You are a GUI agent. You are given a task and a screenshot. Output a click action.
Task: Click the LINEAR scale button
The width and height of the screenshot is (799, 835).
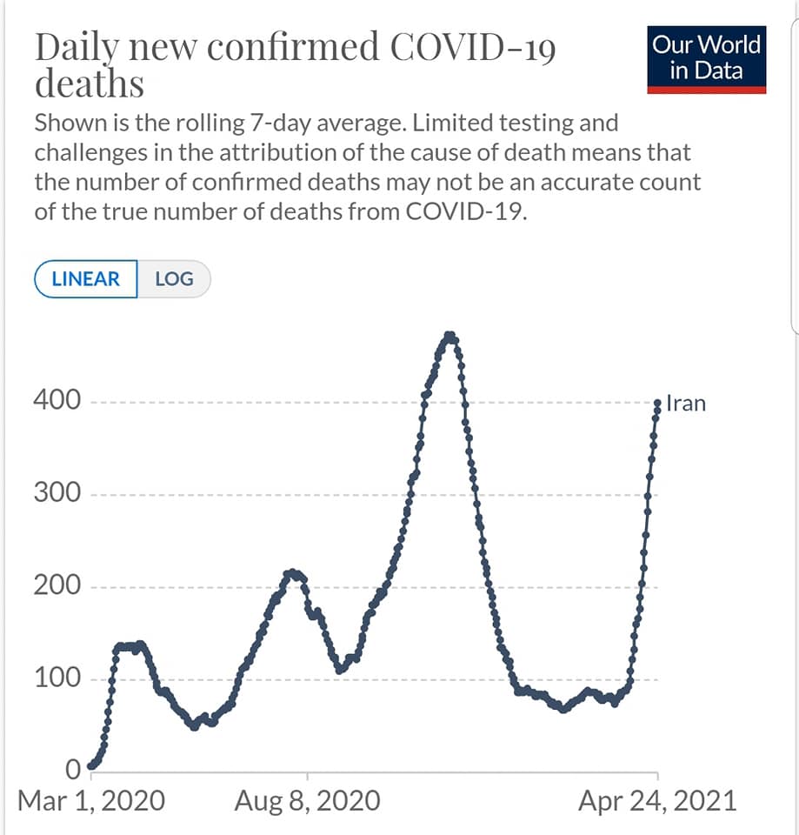85,279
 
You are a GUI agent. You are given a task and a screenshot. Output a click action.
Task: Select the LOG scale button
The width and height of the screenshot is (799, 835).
174,279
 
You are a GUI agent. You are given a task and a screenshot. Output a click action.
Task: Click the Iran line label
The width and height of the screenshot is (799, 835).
686,404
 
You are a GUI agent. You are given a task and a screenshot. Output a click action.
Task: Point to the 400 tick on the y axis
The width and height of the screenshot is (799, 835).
57,401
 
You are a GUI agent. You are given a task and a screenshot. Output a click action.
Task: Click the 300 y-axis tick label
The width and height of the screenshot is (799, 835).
57,493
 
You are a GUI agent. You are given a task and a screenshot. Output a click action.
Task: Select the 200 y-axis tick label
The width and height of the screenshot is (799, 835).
57,585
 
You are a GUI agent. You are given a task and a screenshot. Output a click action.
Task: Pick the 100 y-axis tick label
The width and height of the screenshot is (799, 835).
57,678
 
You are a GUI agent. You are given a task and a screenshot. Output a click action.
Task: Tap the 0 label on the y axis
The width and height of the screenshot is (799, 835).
73,770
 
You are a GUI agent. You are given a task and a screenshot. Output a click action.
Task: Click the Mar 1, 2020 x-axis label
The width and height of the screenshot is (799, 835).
90,800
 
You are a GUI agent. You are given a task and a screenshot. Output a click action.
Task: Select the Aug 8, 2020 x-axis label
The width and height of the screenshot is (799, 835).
307,800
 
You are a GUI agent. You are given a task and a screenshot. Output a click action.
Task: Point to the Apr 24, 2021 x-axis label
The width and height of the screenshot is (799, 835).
656,800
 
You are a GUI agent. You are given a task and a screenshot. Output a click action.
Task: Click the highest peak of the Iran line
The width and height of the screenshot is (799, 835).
449,335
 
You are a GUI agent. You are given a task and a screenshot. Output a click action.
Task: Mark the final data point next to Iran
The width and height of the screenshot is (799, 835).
657,403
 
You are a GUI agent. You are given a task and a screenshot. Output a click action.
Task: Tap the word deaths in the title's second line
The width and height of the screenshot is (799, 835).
89,85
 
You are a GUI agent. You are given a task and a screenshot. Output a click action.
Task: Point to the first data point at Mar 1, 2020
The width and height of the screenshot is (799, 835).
90,767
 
